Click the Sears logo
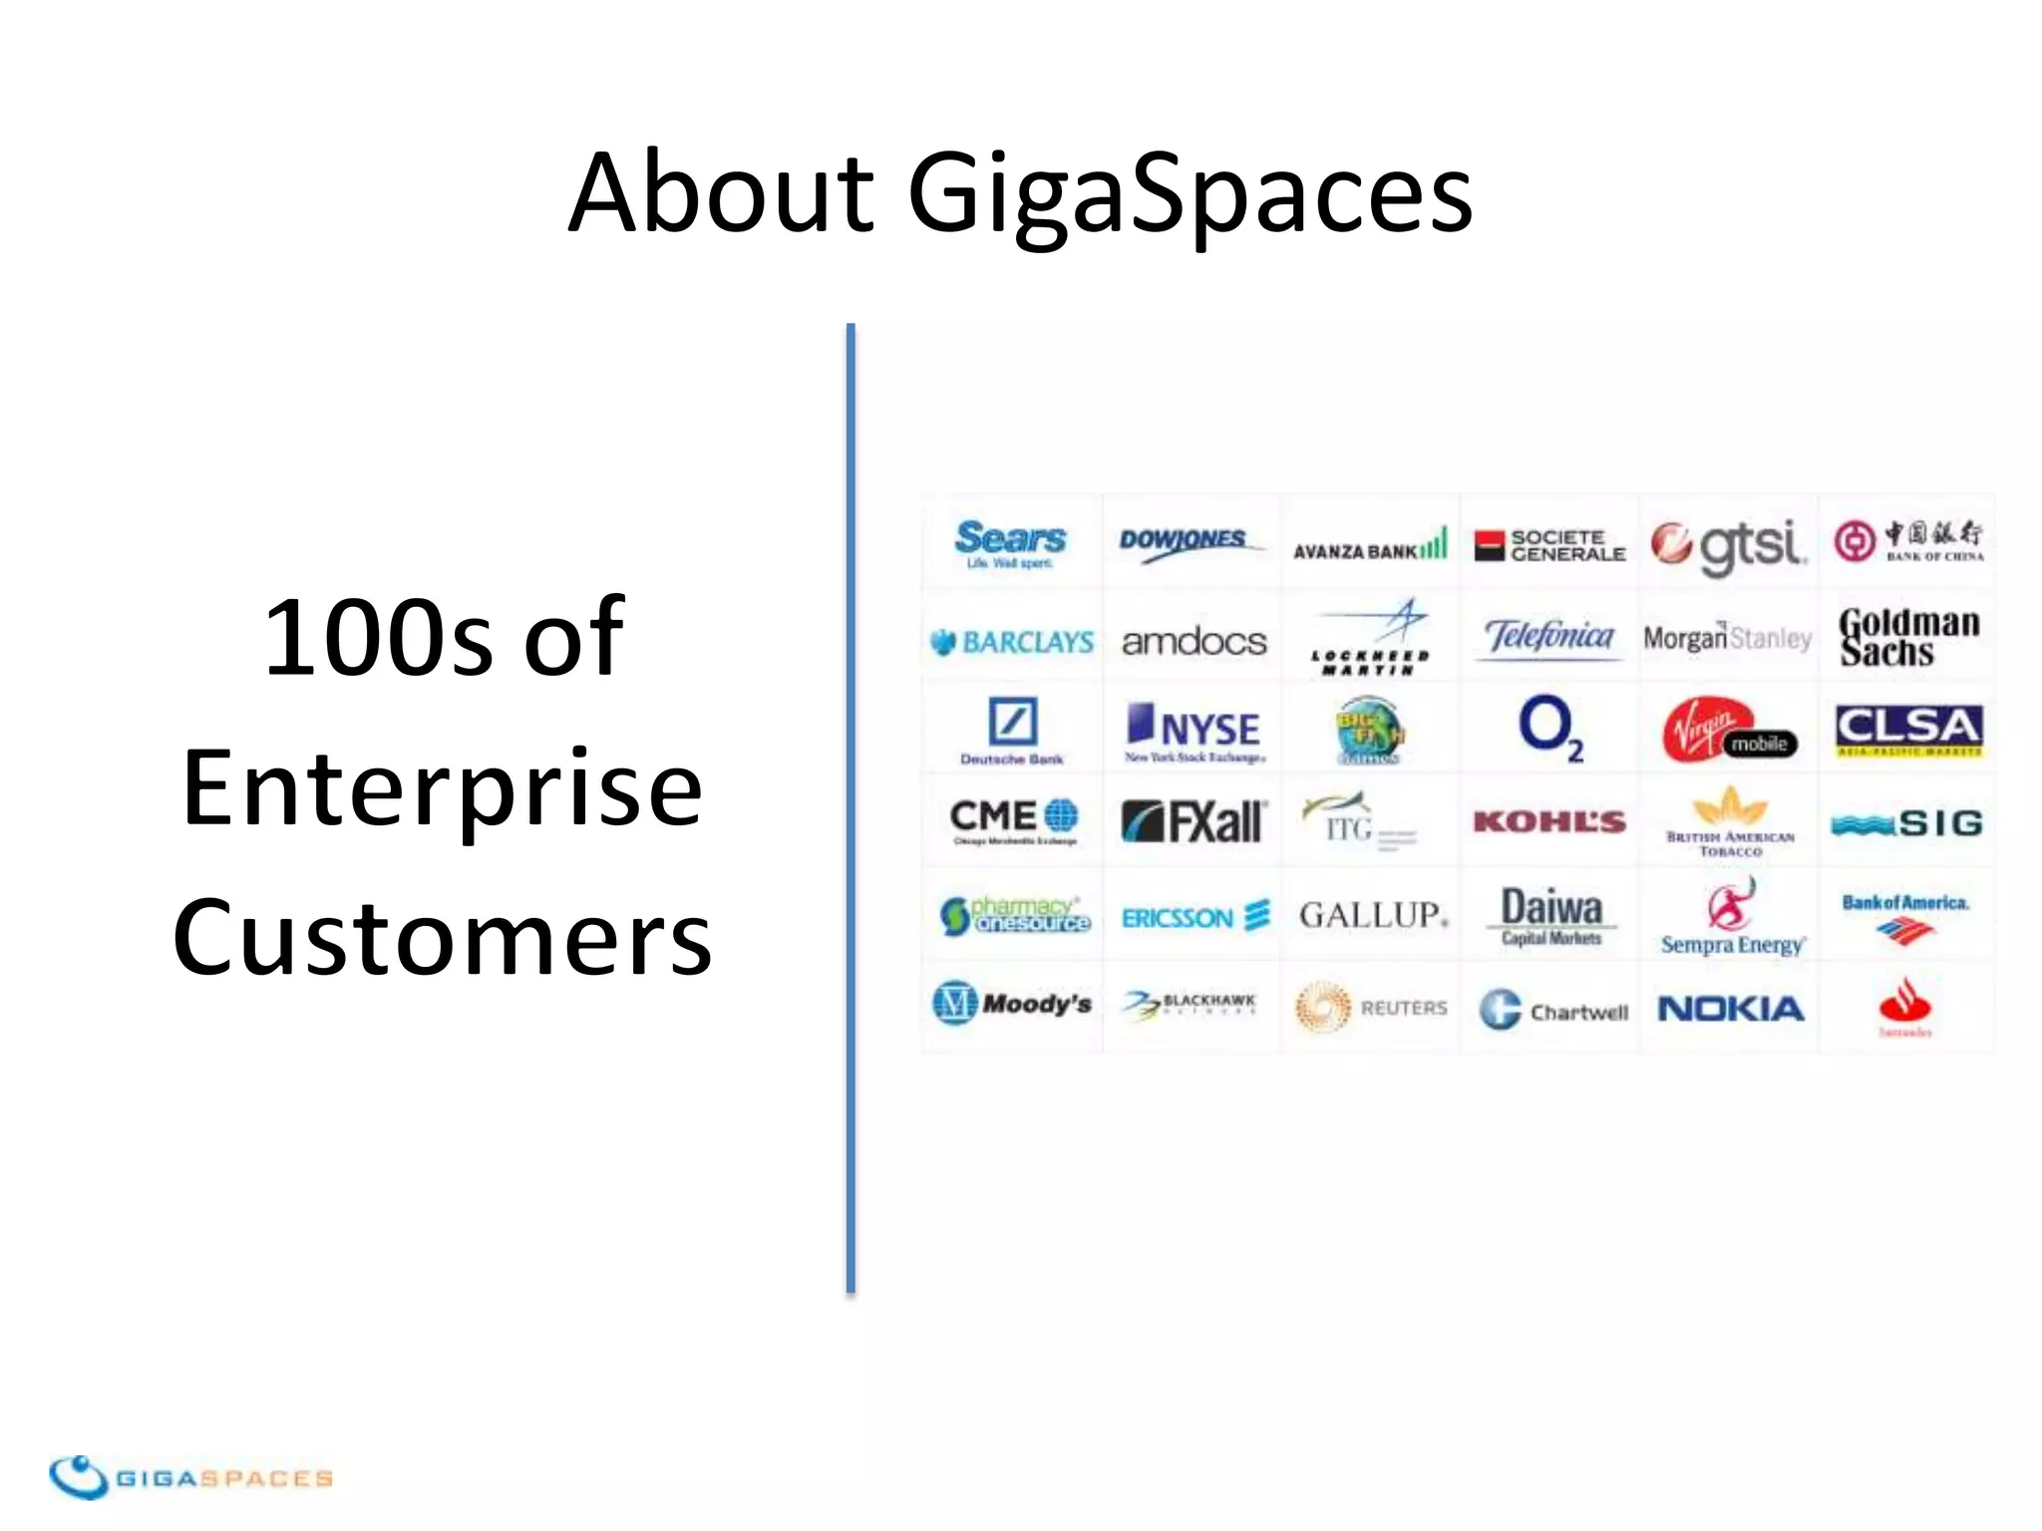(1010, 542)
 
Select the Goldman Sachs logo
(1907, 637)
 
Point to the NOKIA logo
(1730, 1009)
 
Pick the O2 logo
(1549, 728)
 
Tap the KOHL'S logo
(1549, 821)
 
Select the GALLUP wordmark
(1372, 915)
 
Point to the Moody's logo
(1011, 1003)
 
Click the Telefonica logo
(1548, 636)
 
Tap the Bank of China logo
(1907, 541)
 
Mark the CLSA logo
(1907, 730)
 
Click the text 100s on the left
(377, 638)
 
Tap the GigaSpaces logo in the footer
(189, 1476)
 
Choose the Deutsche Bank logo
(1011, 731)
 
